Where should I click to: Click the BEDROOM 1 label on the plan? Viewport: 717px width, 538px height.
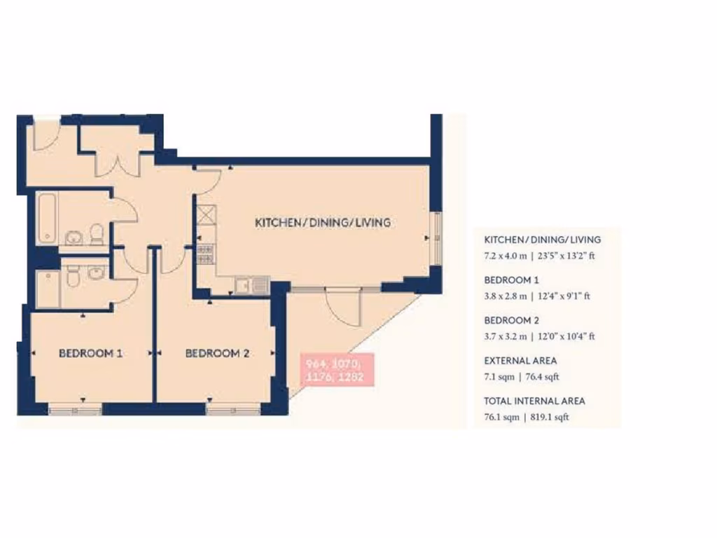90,354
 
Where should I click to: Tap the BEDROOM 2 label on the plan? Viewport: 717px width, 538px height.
217,354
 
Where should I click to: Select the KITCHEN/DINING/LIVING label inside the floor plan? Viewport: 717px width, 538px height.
322,223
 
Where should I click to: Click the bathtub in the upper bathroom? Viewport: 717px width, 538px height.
48,218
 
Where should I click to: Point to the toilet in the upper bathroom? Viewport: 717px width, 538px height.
97,235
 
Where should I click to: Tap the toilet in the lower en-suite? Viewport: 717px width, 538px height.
72,279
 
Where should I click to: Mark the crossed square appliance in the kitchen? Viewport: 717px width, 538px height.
205,214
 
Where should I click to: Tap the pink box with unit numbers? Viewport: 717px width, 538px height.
335,370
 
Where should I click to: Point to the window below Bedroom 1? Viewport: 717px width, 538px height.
75,410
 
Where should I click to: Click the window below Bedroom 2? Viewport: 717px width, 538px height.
225,410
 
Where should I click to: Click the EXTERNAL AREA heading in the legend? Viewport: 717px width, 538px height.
520,361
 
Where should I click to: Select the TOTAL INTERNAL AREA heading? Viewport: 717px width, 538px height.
534,401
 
